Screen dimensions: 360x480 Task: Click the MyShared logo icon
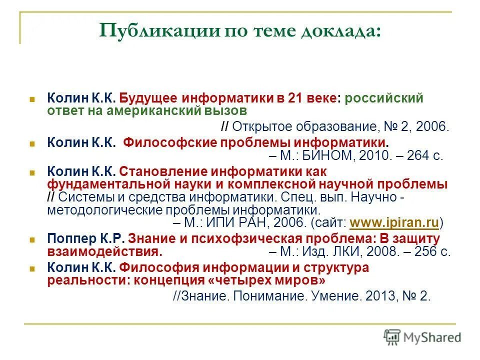(392, 336)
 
